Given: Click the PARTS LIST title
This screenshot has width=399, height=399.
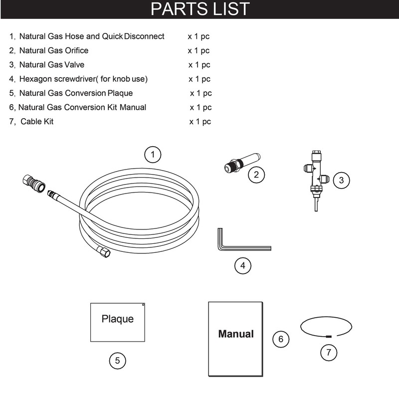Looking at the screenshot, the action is point(199,9).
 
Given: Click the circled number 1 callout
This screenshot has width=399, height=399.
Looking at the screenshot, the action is point(153,155).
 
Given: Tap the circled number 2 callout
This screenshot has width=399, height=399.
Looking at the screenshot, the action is point(256,174).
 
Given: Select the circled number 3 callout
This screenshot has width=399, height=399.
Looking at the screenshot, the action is point(341,181).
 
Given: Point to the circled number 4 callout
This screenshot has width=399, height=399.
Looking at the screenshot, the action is point(242,266).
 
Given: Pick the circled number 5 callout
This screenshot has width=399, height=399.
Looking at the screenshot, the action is point(117,361).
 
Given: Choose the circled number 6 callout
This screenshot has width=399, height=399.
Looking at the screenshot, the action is point(281,339).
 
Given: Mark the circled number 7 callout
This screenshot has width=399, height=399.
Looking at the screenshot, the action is point(328,352).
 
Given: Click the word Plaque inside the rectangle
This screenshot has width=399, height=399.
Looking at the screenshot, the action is point(118,318).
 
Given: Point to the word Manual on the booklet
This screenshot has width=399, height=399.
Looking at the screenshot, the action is point(236,334).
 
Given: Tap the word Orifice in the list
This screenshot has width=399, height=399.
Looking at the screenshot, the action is point(75,50).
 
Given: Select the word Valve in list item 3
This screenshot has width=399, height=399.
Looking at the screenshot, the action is point(75,65).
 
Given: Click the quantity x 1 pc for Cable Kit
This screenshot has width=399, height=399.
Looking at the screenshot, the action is point(200,122).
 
